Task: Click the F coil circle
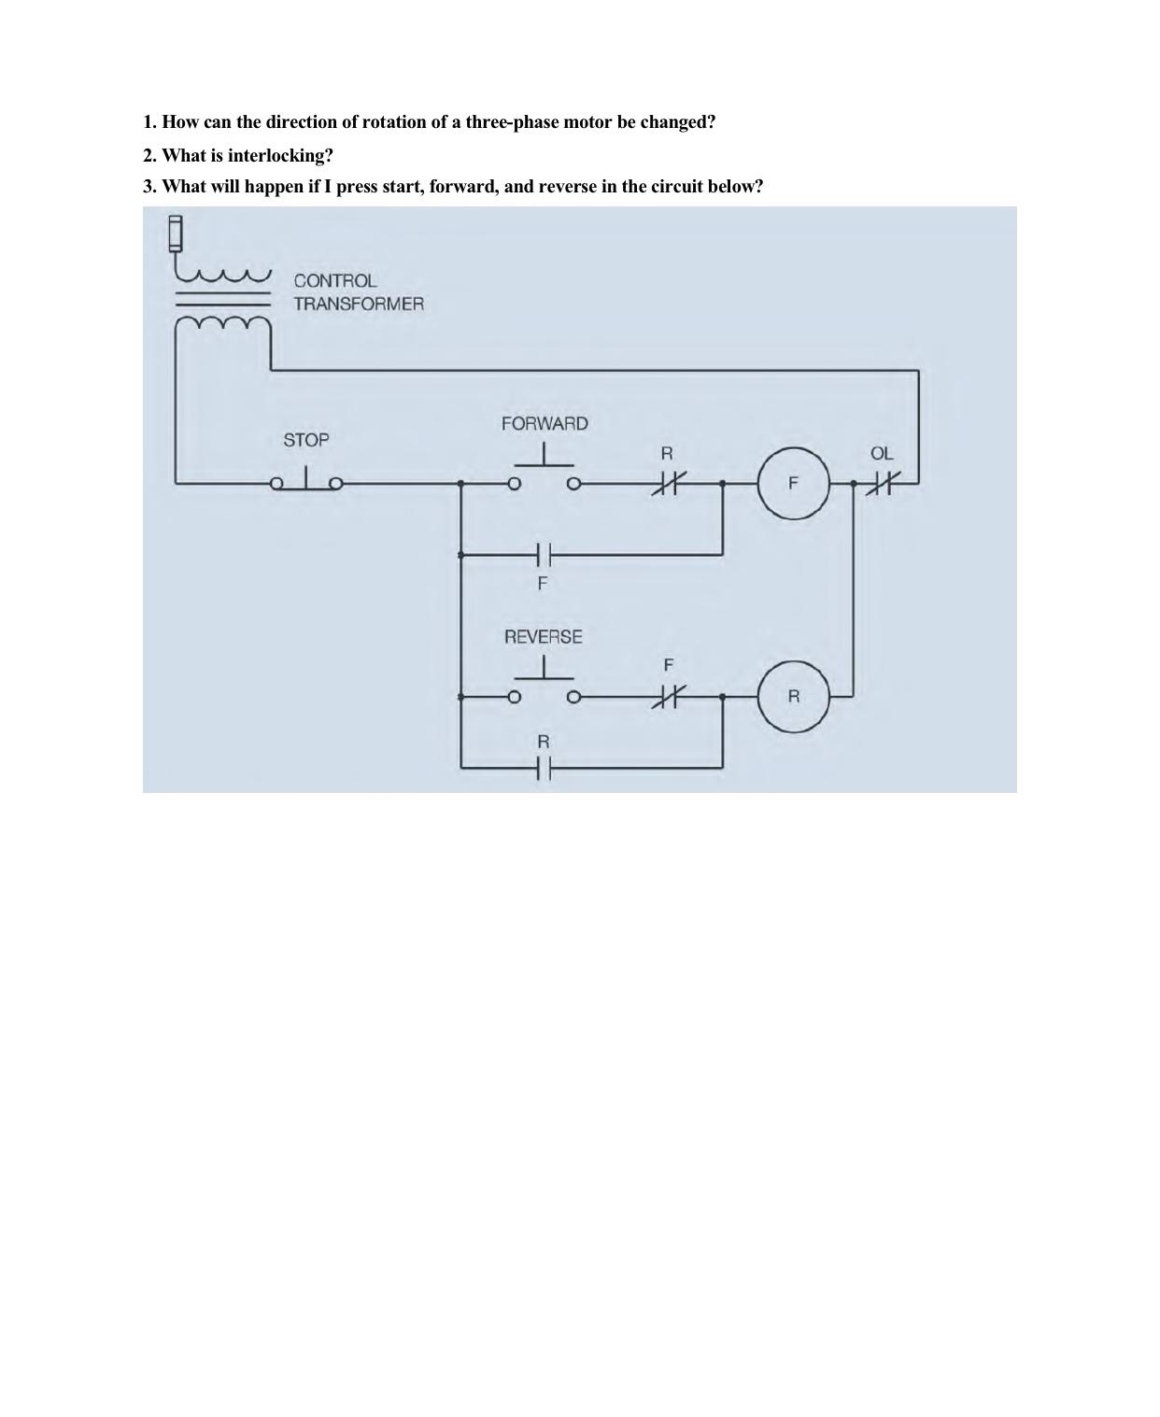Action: [x=793, y=483]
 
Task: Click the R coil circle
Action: [x=793, y=696]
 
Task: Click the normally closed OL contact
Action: [x=881, y=483]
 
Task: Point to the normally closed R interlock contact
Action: [x=667, y=483]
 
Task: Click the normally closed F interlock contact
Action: [x=667, y=696]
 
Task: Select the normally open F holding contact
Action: [x=545, y=555]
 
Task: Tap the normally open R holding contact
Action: [x=545, y=768]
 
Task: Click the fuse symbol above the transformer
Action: [x=176, y=234]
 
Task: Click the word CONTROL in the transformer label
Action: [x=335, y=280]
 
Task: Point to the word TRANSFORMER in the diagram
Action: [x=359, y=304]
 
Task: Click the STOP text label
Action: [x=306, y=440]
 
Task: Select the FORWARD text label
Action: [x=545, y=424]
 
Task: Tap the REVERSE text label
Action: [x=544, y=637]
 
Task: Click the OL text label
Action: [x=882, y=454]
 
